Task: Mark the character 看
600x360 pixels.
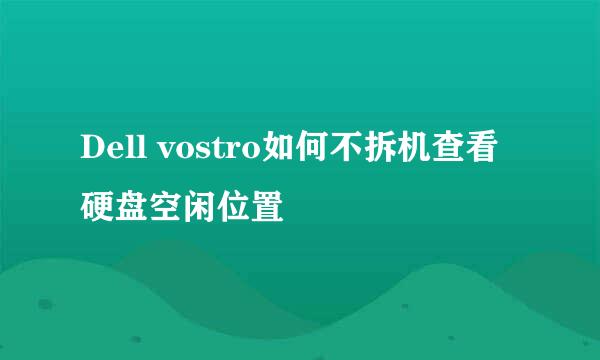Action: pyautogui.click(x=494, y=148)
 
